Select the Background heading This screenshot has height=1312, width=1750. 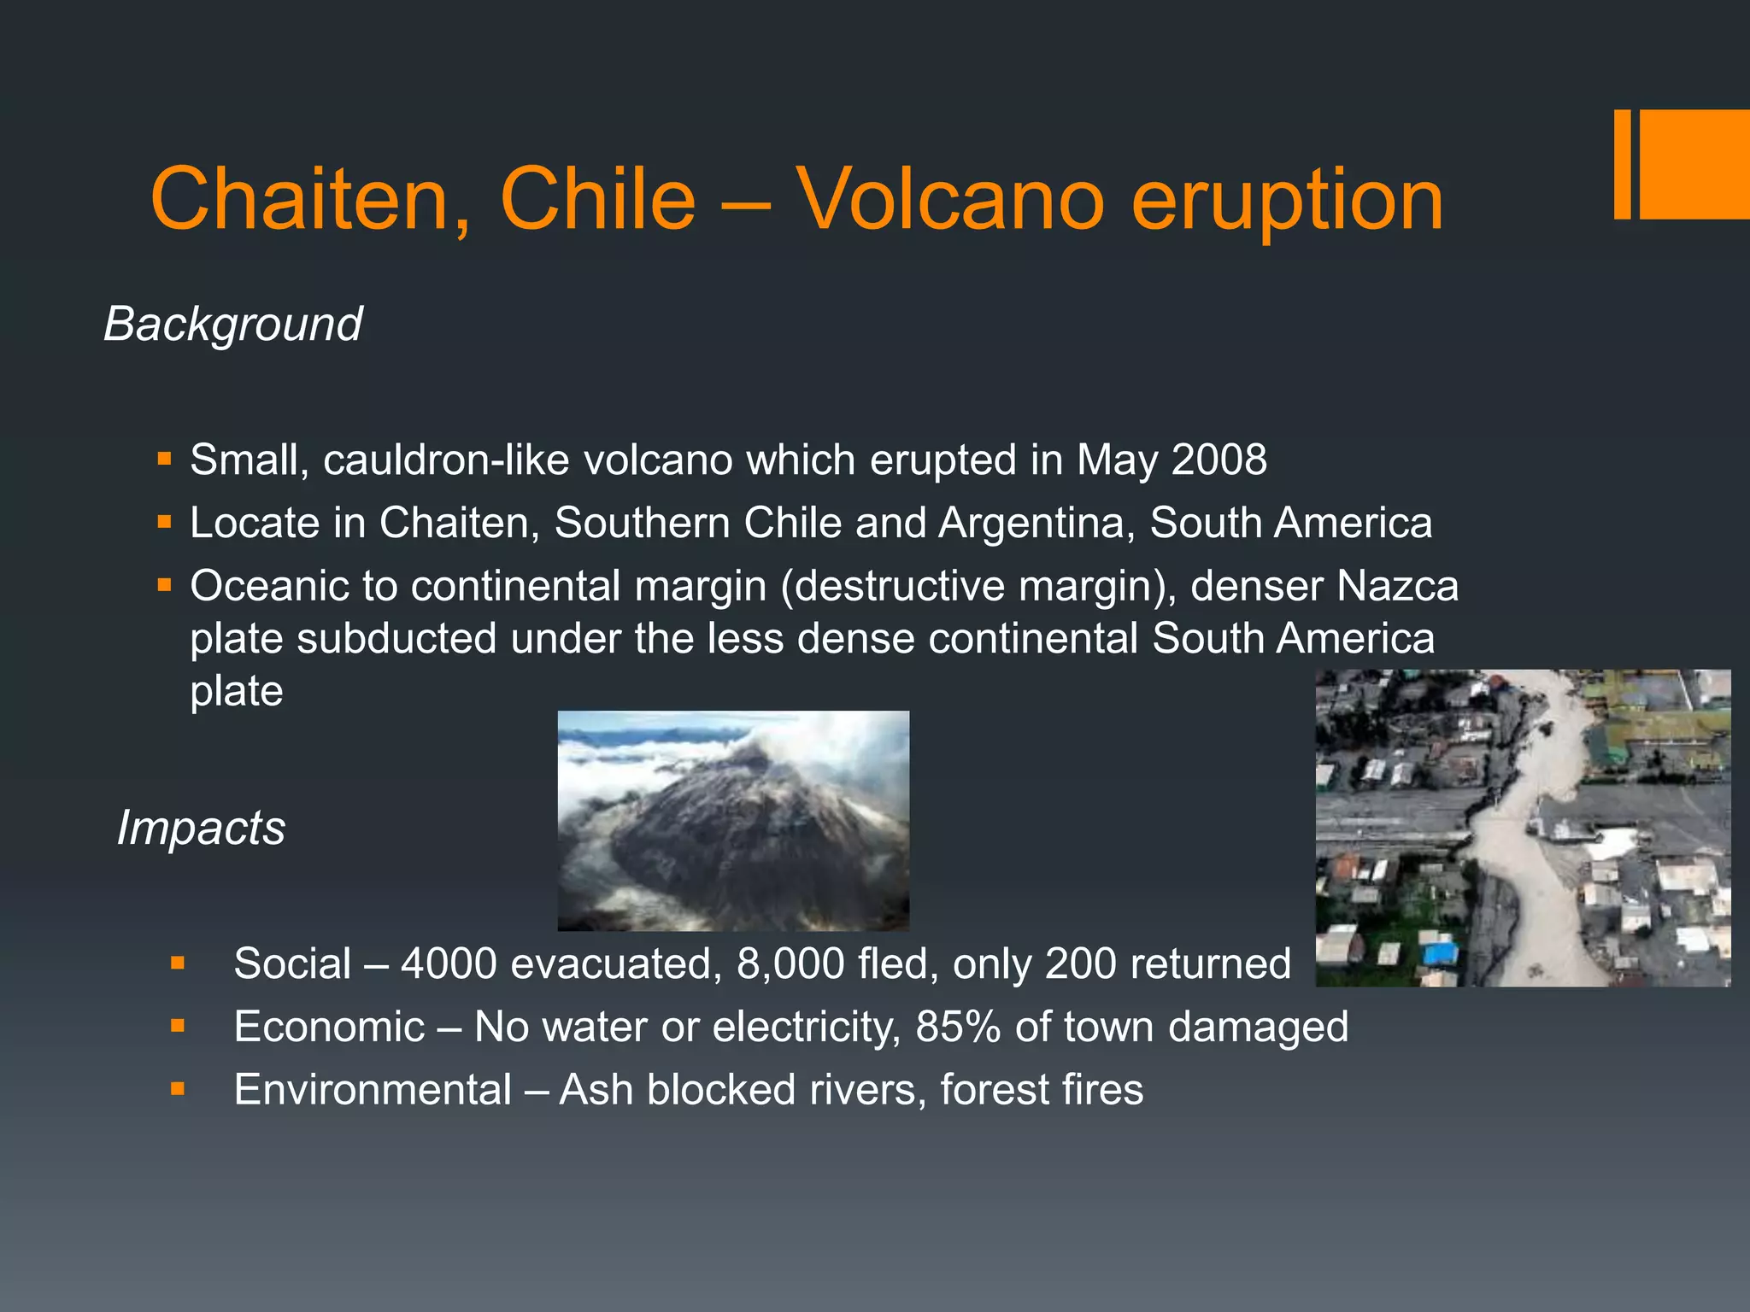tap(232, 325)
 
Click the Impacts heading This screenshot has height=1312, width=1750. tap(201, 828)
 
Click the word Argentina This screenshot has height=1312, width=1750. tap(1036, 523)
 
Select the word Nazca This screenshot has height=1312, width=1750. tap(1397, 586)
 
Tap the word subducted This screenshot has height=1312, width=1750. tap(396, 639)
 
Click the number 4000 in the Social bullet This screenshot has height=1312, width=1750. tap(449, 963)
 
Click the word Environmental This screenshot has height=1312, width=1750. tap(373, 1090)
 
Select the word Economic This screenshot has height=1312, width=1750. tap(329, 1027)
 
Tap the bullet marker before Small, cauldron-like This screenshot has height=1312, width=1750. tap(165, 459)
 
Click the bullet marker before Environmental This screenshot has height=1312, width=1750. tap(178, 1089)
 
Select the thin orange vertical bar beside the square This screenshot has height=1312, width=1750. tap(1622, 164)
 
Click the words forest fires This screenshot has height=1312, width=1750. tap(1041, 1090)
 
